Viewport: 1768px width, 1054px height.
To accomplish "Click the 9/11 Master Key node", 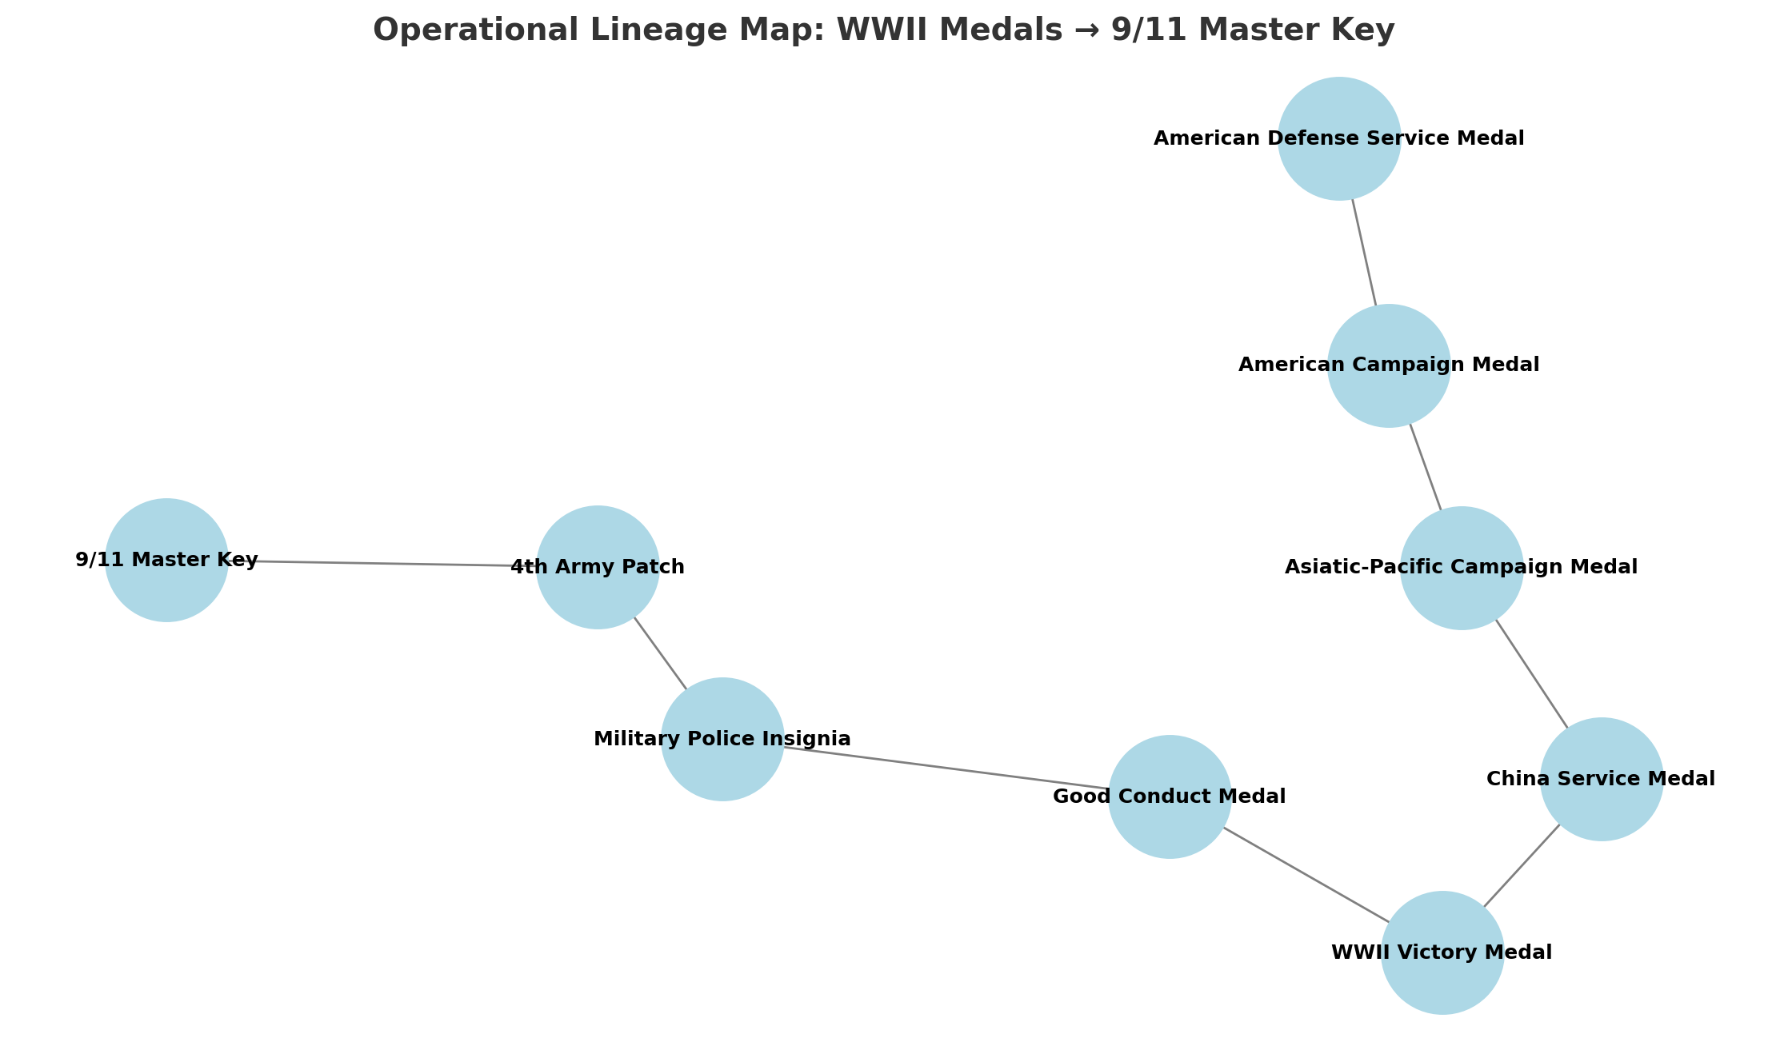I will pyautogui.click(x=166, y=560).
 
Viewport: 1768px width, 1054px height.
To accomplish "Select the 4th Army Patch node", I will pyautogui.click(x=598, y=567).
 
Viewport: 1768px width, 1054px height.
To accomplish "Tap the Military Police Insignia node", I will pyautogui.click(x=722, y=739).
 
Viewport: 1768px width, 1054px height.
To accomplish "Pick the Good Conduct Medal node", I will pyautogui.click(x=1170, y=796).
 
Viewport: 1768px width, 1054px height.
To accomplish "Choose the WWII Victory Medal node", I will pyautogui.click(x=1442, y=952).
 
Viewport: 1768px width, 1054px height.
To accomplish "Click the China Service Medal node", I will pyautogui.click(x=1602, y=779).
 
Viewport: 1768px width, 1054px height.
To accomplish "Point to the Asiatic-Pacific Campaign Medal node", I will pyautogui.click(x=1462, y=568).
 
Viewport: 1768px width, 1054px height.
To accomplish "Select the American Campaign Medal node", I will pyautogui.click(x=1389, y=365).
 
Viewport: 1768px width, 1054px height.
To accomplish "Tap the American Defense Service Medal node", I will pyautogui.click(x=1339, y=138).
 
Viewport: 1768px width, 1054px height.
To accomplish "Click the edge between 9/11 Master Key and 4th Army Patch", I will pyautogui.click(x=382, y=563).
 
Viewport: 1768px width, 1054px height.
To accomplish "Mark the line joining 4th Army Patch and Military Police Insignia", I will pyautogui.click(x=660, y=653).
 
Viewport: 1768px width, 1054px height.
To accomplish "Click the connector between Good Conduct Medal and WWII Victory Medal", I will pyautogui.click(x=1306, y=875).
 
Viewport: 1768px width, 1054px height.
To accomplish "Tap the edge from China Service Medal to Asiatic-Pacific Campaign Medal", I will pyautogui.click(x=1531, y=673).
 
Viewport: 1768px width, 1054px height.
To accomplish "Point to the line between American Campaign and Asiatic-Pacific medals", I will pyautogui.click(x=1425, y=467).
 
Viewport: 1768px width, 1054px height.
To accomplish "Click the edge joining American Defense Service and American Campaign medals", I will pyautogui.click(x=1364, y=252).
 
